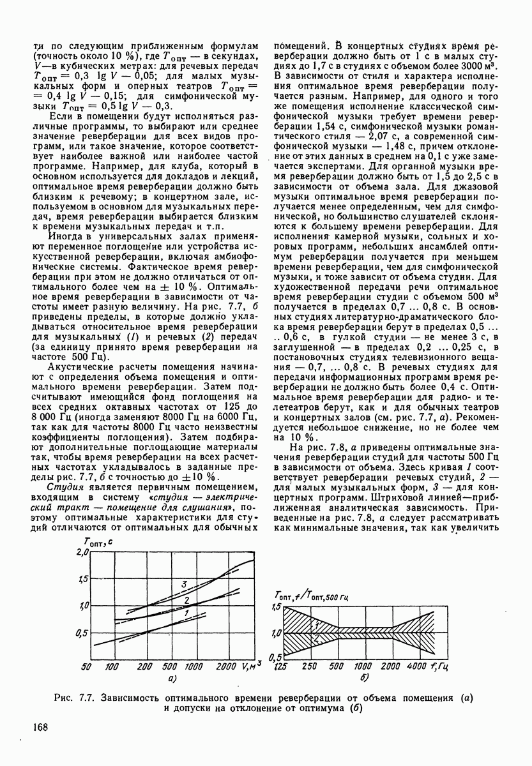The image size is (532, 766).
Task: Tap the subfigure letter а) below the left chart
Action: click(x=172, y=679)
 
